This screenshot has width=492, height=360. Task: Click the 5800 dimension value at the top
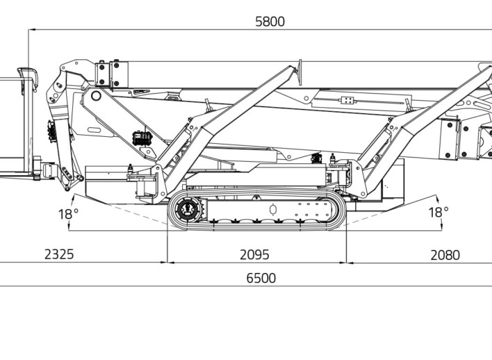[x=270, y=22]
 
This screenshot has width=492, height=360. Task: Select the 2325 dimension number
[x=59, y=254]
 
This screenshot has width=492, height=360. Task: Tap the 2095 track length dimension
[x=254, y=254]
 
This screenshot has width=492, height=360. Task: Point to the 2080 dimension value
[x=445, y=255]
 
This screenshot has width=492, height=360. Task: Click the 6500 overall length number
[x=261, y=278]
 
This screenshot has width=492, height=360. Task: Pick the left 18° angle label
[x=68, y=214]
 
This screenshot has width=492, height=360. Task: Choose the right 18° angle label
[x=438, y=213]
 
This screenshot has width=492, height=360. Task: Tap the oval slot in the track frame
[x=273, y=209]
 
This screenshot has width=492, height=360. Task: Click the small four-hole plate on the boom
[x=347, y=101]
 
